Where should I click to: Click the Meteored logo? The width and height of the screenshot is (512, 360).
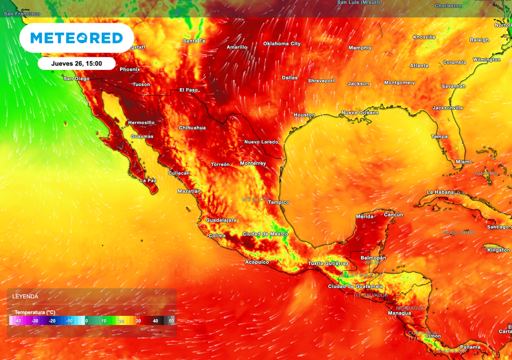(x=76, y=38)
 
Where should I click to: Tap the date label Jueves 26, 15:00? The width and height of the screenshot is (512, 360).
(x=76, y=63)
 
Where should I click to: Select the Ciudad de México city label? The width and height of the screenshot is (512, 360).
(x=265, y=234)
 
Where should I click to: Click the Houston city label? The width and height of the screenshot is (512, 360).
(x=304, y=115)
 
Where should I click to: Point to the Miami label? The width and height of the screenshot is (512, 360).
(x=463, y=162)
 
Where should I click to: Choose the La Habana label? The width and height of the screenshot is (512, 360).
(x=440, y=192)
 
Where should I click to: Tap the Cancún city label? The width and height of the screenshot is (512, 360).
(x=393, y=214)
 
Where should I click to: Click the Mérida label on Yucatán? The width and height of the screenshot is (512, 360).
(x=364, y=216)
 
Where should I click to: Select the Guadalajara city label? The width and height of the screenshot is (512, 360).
(x=221, y=220)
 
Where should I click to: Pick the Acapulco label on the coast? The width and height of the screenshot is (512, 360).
(x=257, y=262)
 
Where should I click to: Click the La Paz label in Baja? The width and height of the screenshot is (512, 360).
(x=148, y=180)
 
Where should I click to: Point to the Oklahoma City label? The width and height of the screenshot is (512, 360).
(x=281, y=43)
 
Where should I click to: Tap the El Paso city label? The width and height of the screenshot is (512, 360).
(x=188, y=90)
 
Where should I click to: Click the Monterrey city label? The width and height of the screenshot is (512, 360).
(x=253, y=163)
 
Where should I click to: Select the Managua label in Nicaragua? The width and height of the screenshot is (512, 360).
(x=399, y=313)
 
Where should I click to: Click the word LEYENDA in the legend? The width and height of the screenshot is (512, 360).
(x=25, y=296)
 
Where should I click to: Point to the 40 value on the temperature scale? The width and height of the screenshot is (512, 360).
(x=155, y=320)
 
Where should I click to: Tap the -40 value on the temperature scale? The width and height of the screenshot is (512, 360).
(x=17, y=320)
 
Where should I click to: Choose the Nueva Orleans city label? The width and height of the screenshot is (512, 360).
(x=360, y=112)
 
